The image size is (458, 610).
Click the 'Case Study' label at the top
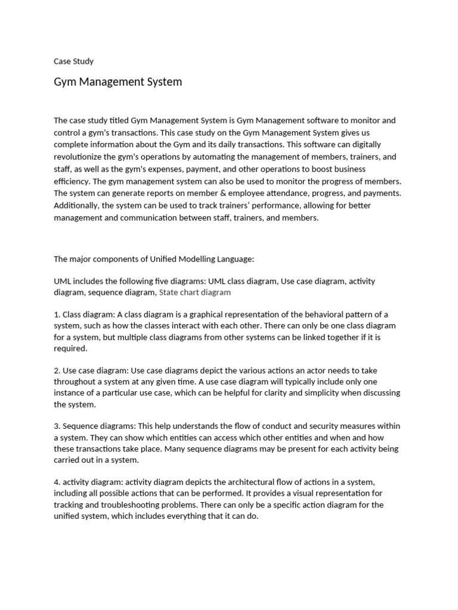tap(73, 61)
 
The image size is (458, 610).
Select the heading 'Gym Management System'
tap(117, 82)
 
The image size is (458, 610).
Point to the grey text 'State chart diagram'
tap(195, 292)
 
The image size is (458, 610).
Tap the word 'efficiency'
tap(72, 181)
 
